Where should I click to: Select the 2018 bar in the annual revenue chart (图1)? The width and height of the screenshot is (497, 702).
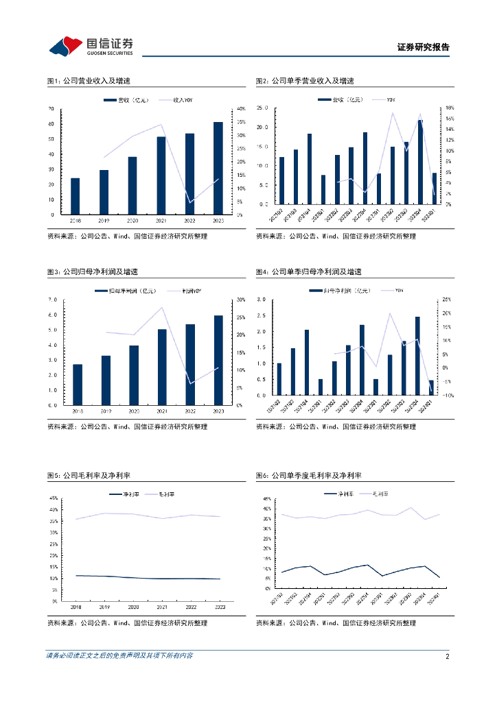point(76,196)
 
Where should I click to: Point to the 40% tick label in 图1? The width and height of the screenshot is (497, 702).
point(240,109)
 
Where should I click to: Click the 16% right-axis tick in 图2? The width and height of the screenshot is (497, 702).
point(450,108)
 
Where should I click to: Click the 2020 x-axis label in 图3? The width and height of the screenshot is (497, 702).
point(134,411)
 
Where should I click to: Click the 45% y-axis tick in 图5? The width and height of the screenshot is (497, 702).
point(54,498)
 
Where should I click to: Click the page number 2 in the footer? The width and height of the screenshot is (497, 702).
point(447,656)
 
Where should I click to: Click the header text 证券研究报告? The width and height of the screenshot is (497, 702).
point(424,47)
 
